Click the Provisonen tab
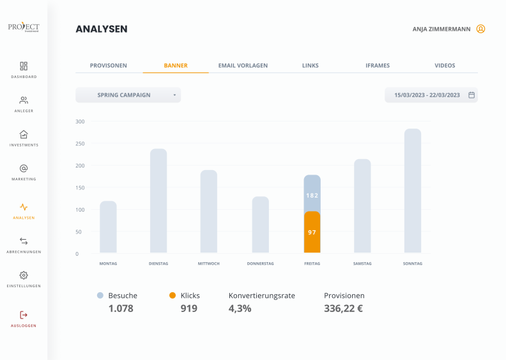point(109,66)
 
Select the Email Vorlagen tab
point(243,66)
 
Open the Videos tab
point(445,66)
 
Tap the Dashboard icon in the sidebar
point(24,67)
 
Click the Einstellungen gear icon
point(24,275)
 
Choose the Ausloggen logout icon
point(24,315)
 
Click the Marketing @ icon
point(24,168)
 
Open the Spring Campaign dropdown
point(128,95)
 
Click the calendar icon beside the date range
point(471,95)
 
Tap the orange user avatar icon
point(480,29)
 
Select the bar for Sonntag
point(413,191)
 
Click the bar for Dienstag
point(158,201)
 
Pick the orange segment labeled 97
point(312,232)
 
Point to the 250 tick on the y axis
point(80,144)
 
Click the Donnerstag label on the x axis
point(261,263)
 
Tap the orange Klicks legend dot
point(172,295)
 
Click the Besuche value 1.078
point(121,308)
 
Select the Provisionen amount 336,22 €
point(343,308)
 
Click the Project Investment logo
point(24,27)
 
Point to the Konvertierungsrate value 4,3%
point(240,308)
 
